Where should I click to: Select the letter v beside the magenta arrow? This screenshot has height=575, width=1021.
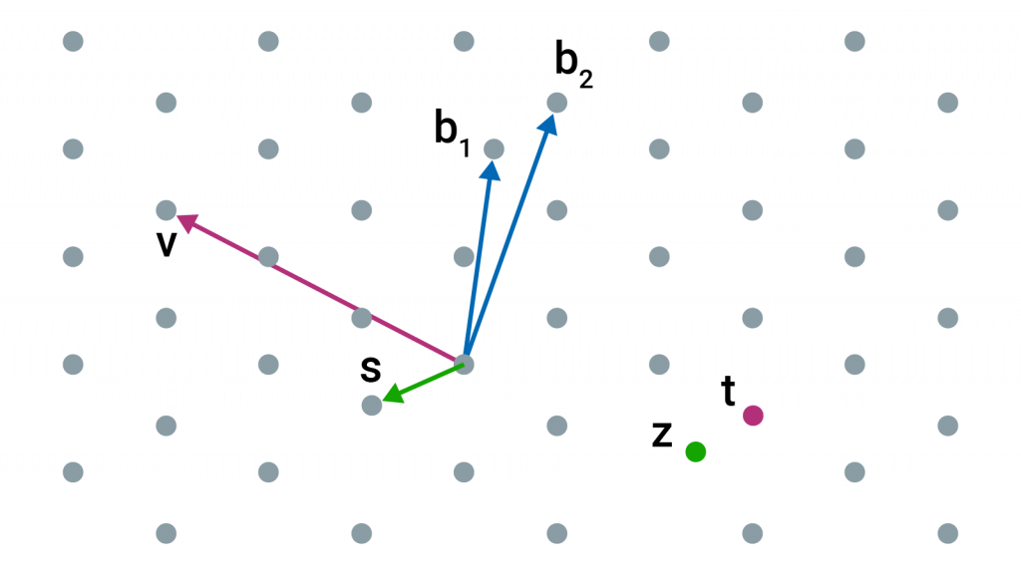point(167,242)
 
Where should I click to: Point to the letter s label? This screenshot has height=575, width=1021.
point(371,370)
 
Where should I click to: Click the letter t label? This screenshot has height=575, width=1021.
point(730,394)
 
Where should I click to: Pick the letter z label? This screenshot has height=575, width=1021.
point(661,434)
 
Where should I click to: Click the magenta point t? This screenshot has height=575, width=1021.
point(753,416)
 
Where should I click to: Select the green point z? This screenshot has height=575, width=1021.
point(696,451)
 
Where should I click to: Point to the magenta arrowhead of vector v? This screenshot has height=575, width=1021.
point(180,218)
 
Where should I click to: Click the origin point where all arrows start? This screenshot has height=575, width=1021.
point(464,363)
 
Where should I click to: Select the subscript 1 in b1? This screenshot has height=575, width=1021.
point(464,149)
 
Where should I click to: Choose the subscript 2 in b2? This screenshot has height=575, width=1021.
point(585,80)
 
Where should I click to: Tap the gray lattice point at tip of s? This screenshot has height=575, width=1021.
point(371,405)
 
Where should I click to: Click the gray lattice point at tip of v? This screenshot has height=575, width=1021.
point(167,210)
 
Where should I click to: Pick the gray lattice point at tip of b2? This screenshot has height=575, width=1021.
point(557,103)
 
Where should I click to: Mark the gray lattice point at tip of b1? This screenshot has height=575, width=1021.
point(494,149)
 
